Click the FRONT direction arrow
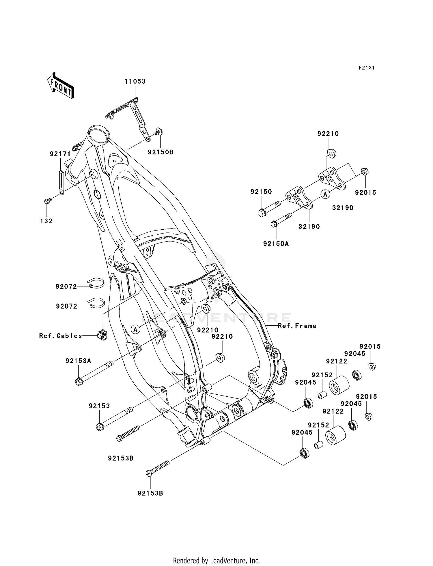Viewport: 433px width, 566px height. click(x=60, y=85)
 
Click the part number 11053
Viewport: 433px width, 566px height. click(x=135, y=81)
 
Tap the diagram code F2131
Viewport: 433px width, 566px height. click(x=366, y=68)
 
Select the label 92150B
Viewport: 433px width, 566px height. click(x=160, y=152)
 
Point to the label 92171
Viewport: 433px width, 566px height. click(x=60, y=154)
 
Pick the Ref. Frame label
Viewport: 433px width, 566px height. click(x=297, y=326)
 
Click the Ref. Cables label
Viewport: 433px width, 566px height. click(x=61, y=336)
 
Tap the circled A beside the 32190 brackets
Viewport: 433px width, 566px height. click(x=325, y=194)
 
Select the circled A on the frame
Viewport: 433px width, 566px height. click(x=135, y=329)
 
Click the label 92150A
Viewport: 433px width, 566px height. click(x=276, y=244)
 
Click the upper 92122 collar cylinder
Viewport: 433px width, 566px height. click(x=339, y=385)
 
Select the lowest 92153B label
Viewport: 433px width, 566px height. click(x=150, y=493)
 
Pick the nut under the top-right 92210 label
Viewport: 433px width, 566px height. click(x=331, y=153)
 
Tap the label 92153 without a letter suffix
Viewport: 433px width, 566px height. click(x=99, y=406)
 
